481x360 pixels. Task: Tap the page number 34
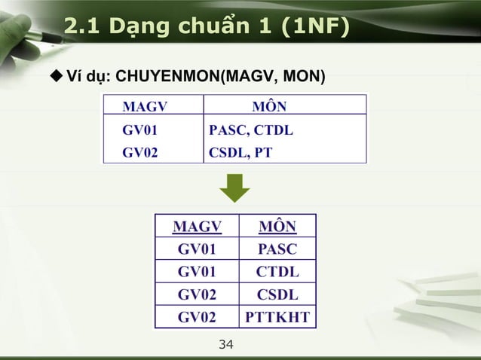click(225, 345)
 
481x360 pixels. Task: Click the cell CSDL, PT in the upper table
click(240, 152)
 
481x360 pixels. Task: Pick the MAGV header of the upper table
click(145, 105)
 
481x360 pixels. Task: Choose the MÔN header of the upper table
click(268, 105)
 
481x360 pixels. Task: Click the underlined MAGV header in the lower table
click(197, 227)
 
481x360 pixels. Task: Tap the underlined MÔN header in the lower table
click(277, 227)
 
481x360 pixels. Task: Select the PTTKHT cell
click(277, 317)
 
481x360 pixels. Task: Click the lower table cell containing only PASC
click(277, 249)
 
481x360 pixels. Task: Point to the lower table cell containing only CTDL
click(277, 272)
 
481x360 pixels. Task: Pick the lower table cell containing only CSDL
click(277, 294)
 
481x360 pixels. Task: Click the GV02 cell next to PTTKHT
click(197, 317)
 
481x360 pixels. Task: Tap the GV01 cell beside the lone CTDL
click(197, 272)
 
